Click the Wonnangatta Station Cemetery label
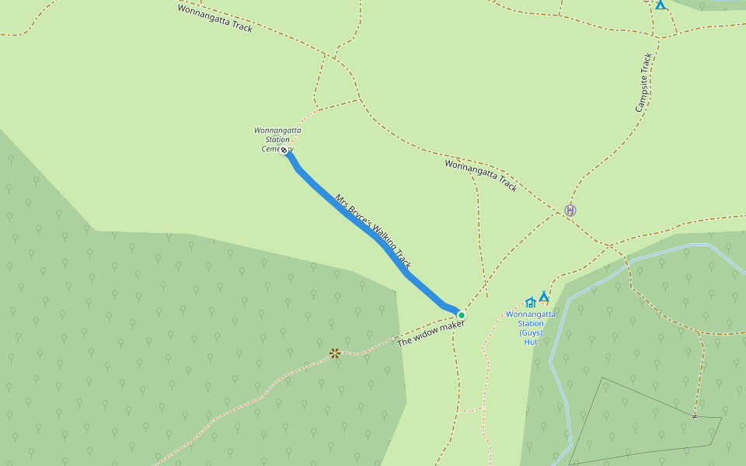pos(277,139)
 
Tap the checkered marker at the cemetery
pos(284,149)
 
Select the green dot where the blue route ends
pos(461,315)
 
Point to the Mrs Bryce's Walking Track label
pos(373,231)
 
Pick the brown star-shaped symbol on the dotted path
pos(335,353)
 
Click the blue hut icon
pos(531,302)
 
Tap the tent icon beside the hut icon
pos(544,296)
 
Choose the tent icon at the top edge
pos(660,5)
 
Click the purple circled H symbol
pos(570,210)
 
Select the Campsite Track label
pos(643,82)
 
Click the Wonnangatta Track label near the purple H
pos(480,176)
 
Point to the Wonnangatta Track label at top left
pos(214,18)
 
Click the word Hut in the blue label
pos(531,342)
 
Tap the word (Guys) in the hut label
pos(531,332)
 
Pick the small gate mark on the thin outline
pos(695,416)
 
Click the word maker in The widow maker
pos(451,326)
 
